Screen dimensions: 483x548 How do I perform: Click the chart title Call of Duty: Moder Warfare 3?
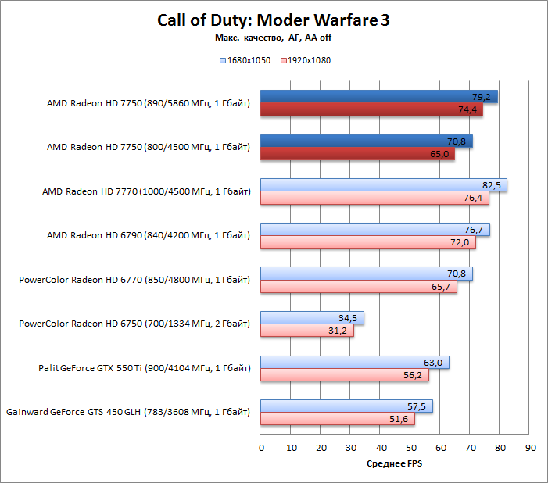click(274, 21)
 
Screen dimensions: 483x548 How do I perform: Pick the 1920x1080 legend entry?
click(305, 60)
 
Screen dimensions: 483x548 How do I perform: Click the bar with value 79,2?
click(379, 97)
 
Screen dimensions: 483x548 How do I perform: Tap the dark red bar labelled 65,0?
click(357, 154)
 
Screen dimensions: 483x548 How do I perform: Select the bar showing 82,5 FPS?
click(384, 185)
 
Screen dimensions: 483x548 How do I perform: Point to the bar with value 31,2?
click(307, 331)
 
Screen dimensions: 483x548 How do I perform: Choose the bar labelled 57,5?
click(346, 406)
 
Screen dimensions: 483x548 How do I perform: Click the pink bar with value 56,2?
click(345, 375)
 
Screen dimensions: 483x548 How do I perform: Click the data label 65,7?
click(443, 287)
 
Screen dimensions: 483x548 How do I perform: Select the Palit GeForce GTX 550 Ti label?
click(145, 368)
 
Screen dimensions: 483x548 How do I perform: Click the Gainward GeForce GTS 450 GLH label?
click(128, 412)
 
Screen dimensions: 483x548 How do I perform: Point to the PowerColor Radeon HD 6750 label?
click(134, 324)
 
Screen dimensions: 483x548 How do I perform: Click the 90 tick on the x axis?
click(530, 448)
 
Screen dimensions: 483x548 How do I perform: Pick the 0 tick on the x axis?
click(261, 448)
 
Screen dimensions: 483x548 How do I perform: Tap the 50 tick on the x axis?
click(410, 448)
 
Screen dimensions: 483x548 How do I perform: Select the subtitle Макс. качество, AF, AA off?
click(274, 38)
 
